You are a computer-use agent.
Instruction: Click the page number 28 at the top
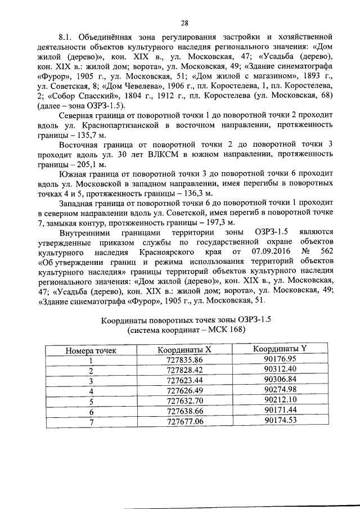184,23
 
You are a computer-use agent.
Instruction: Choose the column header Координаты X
184,349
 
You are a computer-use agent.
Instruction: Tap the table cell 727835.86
184,359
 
